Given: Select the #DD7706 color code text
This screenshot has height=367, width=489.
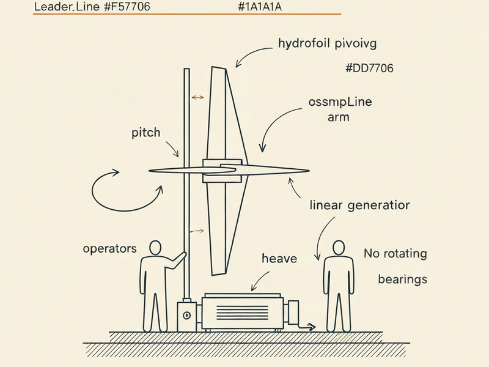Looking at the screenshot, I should click(369, 69).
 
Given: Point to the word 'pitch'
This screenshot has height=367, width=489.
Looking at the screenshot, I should click(145, 133).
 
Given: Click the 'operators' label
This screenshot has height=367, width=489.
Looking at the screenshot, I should click(109, 249).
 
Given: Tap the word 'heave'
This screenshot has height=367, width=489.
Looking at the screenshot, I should click(279, 258).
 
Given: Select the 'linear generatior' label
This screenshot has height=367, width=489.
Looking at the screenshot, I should click(359, 205).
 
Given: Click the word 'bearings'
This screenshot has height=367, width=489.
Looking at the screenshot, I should click(402, 279).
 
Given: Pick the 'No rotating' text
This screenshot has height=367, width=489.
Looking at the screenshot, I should click(395, 253).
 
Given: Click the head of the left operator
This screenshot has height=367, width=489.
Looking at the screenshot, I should click(155, 247).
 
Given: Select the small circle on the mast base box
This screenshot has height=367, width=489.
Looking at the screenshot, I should click(187, 315).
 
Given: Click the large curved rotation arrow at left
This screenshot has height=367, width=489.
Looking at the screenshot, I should click(122, 190).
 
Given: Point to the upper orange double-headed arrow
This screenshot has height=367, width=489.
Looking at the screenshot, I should click(197, 97).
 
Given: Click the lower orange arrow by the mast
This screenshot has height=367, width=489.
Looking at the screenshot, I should click(196, 231).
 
